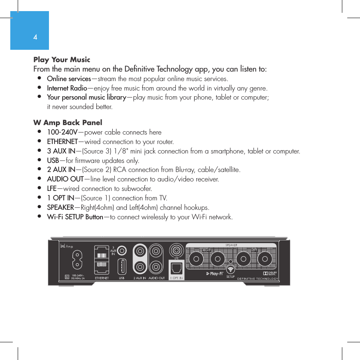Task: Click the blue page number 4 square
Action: pos(30,30)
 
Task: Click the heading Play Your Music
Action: pos(62,60)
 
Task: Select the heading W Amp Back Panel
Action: pos(68,123)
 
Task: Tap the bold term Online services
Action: pos(69,79)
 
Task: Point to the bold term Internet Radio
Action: pos(67,88)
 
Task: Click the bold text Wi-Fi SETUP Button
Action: pos(75,217)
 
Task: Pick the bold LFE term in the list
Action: pos(52,188)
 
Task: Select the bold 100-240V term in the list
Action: pos(62,132)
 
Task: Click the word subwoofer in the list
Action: pos(137,189)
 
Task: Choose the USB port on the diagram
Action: pos(122,266)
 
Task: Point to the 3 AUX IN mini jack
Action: pos(122,251)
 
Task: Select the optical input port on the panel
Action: pos(177,268)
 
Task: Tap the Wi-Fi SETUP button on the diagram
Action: pos(230,269)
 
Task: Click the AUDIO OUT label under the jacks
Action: pos(156,278)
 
